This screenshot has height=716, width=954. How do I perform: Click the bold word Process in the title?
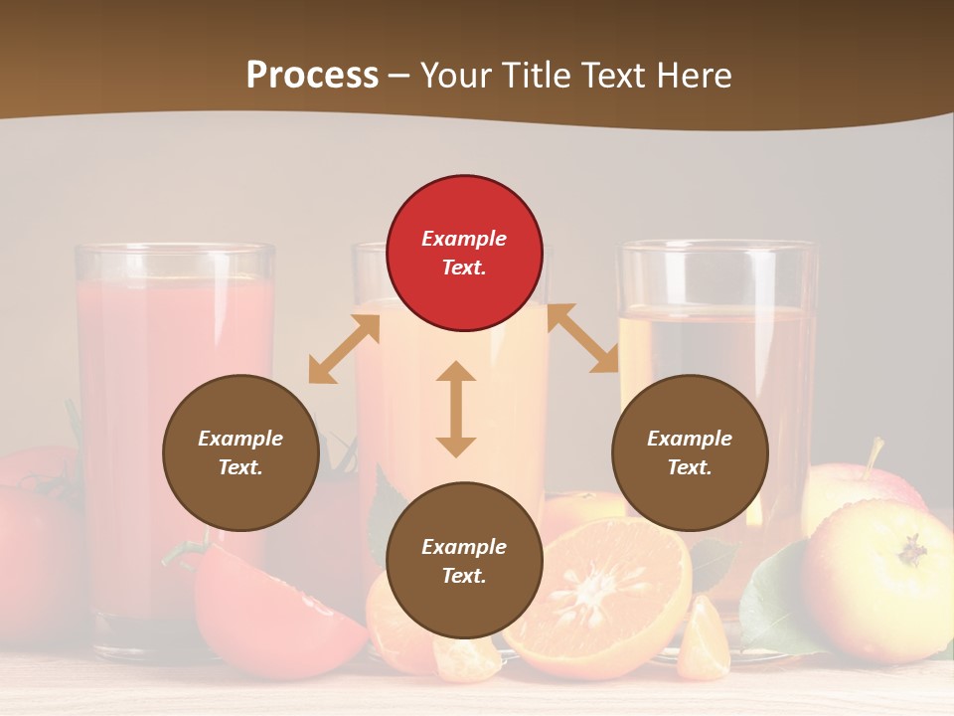[312, 76]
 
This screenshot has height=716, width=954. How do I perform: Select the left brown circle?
[240, 452]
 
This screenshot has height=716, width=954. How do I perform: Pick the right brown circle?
[690, 452]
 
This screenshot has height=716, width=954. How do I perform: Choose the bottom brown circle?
[464, 561]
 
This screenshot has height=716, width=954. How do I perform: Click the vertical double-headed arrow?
[456, 409]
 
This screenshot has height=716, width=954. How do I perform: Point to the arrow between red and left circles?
[344, 349]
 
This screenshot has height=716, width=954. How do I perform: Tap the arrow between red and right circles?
[582, 338]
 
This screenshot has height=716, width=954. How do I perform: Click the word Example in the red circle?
[464, 239]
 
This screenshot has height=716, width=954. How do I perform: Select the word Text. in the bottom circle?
[464, 576]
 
